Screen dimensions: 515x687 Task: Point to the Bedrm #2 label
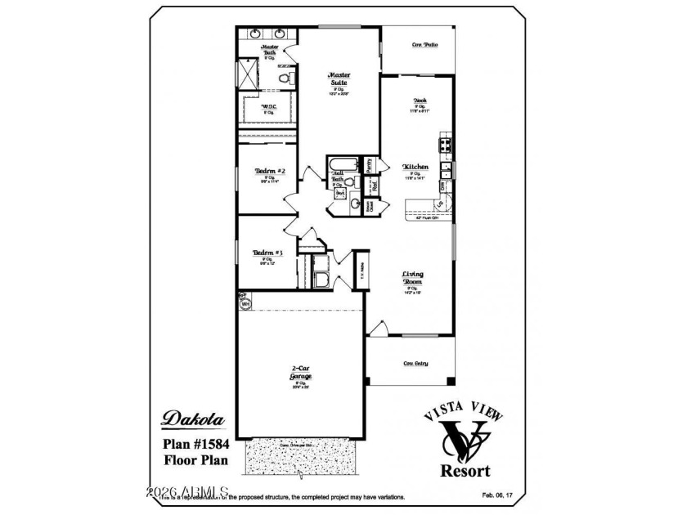pyautogui.click(x=269, y=171)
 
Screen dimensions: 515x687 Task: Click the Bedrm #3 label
pyautogui.click(x=267, y=253)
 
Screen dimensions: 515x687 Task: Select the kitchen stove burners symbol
pyautogui.click(x=447, y=146)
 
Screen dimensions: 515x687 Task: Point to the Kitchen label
pyautogui.click(x=415, y=167)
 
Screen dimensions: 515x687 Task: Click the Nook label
pyautogui.click(x=420, y=101)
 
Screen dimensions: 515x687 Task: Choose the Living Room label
pyautogui.click(x=411, y=278)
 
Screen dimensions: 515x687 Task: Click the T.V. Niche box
pyautogui.click(x=361, y=269)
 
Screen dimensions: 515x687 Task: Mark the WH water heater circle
pyautogui.click(x=245, y=303)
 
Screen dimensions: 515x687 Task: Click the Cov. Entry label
pyautogui.click(x=416, y=363)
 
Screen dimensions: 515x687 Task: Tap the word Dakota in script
pyautogui.click(x=194, y=418)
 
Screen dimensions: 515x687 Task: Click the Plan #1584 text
pyautogui.click(x=194, y=444)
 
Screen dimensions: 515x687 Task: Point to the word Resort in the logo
pyautogui.click(x=465, y=470)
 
